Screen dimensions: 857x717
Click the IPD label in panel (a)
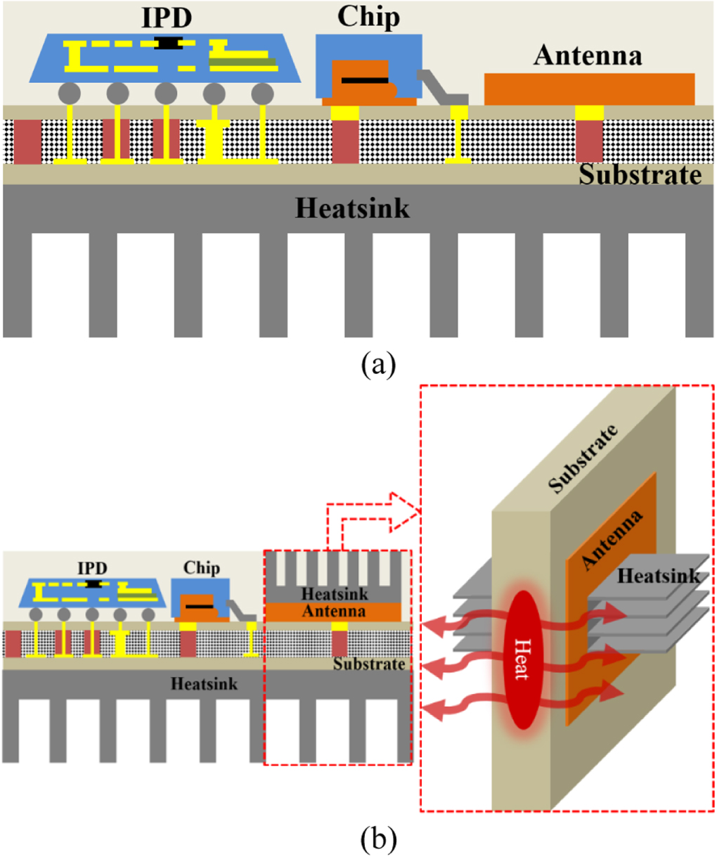click(x=167, y=17)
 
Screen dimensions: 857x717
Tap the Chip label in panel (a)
click(x=368, y=17)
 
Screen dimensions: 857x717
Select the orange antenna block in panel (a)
click(x=589, y=89)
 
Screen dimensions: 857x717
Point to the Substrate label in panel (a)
click(x=640, y=175)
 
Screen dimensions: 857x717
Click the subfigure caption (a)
click(x=378, y=366)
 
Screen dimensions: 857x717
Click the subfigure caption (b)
click(x=378, y=838)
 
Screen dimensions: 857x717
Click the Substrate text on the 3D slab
click(x=583, y=458)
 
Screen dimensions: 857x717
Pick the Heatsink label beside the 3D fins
click(x=659, y=576)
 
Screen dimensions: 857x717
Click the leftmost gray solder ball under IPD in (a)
click(x=69, y=93)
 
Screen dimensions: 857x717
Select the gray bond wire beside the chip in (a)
click(x=439, y=87)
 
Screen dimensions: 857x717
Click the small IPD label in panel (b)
click(x=93, y=568)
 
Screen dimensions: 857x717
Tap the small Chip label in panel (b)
click(x=202, y=567)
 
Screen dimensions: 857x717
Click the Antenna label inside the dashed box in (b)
click(x=334, y=611)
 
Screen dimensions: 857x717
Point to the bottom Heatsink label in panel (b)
click(x=204, y=683)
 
